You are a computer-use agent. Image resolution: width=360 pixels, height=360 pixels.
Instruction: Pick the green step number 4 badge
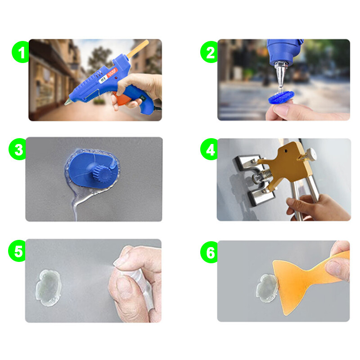pyautogui.click(x=210, y=150)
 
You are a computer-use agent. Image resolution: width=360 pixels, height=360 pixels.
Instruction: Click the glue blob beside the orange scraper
pyautogui.click(x=265, y=288)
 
